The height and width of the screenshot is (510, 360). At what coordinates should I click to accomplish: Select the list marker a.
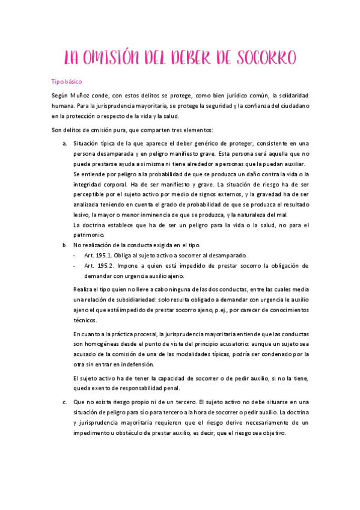coord(65,143)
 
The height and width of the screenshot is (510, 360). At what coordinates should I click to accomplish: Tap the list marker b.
coord(65,245)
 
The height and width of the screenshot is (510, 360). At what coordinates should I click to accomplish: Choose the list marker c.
coord(65,402)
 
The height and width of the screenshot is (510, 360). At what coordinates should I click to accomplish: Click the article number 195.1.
coord(106,255)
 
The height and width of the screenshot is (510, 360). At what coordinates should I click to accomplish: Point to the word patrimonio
coord(89,235)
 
